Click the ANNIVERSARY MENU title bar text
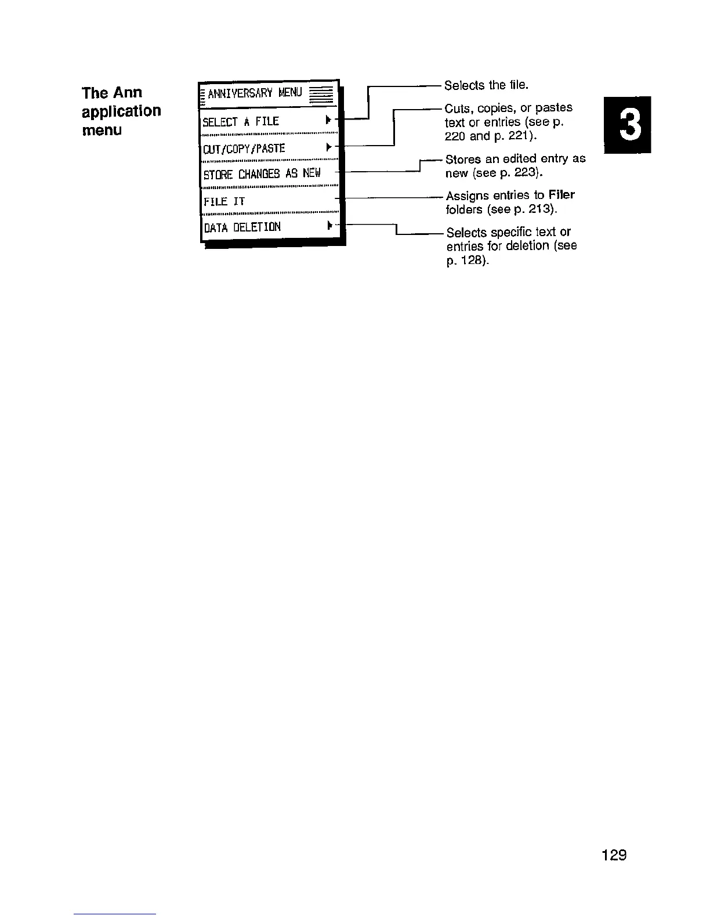click(x=255, y=93)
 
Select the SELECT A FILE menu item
click(x=241, y=122)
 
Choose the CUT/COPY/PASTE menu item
click(x=244, y=149)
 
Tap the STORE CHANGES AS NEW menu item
click(x=262, y=174)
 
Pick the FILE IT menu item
click(x=224, y=201)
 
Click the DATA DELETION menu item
click(x=242, y=227)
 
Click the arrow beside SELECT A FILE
click(x=329, y=121)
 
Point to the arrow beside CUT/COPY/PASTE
click(x=329, y=147)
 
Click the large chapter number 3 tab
click(x=627, y=125)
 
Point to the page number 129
click(x=614, y=855)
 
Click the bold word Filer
click(x=561, y=195)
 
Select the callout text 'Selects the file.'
click(x=486, y=85)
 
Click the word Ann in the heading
click(x=128, y=93)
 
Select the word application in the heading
click(x=121, y=111)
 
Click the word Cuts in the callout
click(x=459, y=108)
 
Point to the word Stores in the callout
click(x=462, y=159)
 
